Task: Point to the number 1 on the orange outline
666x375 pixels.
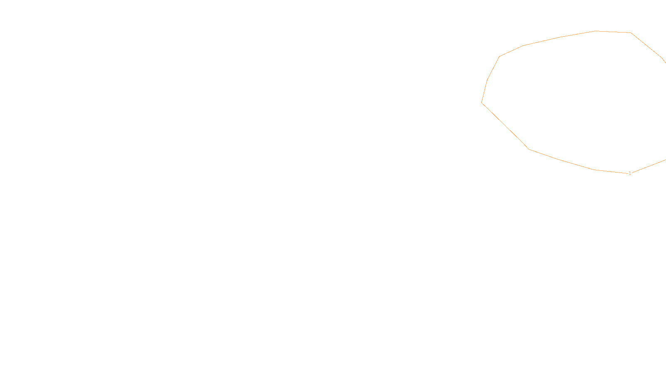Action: point(630,173)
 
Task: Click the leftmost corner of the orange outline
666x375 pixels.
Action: point(482,102)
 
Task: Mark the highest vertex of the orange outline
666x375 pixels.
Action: point(596,31)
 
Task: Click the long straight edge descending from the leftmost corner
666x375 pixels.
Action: point(505,126)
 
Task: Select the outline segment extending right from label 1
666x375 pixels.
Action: point(649,167)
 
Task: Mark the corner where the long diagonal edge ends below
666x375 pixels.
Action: point(529,149)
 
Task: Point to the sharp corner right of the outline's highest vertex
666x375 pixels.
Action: point(631,32)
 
